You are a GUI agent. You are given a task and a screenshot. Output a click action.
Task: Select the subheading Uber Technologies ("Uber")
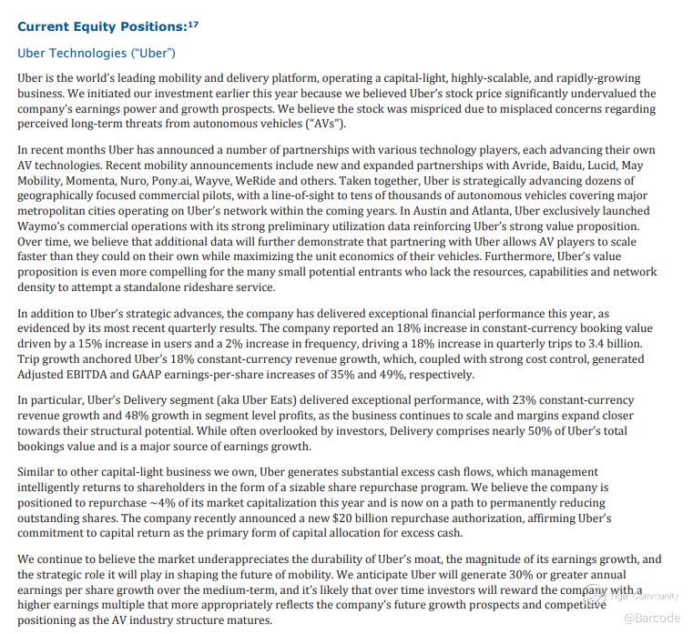(x=97, y=54)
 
